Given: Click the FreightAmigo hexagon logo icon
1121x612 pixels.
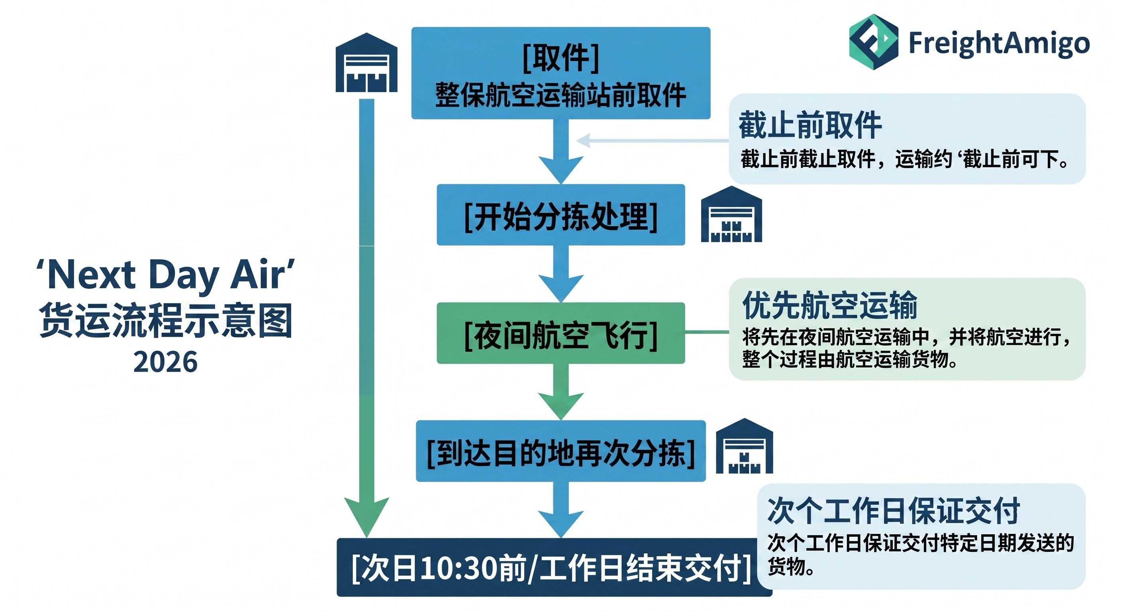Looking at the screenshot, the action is [873, 42].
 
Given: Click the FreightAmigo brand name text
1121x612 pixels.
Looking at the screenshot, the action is [999, 43].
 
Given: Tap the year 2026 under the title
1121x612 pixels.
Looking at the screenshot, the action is [165, 362].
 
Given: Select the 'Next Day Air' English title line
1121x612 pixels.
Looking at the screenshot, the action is [165, 275].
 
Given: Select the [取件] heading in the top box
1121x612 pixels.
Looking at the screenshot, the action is [560, 58].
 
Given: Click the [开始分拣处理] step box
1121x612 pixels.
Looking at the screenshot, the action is [560, 215].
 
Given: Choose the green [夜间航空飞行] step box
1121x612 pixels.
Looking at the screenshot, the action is [560, 333].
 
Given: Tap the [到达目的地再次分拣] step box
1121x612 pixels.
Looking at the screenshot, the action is [560, 451].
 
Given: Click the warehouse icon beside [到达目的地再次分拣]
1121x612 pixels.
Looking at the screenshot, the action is [745, 446].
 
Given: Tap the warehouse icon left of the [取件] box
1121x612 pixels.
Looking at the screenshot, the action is [366, 63].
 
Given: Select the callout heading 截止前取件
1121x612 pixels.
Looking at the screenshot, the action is [810, 126].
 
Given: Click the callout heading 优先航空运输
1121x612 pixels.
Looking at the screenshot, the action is [830, 305].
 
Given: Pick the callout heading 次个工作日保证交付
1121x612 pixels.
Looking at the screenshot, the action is [894, 510].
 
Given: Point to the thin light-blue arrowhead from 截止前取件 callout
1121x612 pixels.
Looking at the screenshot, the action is [583, 141].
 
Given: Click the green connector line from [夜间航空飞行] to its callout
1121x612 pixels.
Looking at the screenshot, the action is [707, 332].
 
